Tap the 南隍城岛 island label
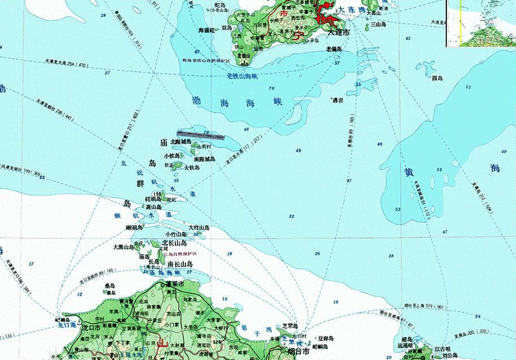[x=204, y=160]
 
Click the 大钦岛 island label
[x=192, y=168]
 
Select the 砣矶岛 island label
[x=153, y=199]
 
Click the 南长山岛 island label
[x=179, y=264]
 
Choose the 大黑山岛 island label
[x=124, y=247]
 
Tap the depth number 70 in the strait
[x=272, y=88]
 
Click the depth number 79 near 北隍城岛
[x=205, y=133]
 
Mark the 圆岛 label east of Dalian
[x=436, y=78]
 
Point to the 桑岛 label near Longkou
[x=109, y=286]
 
